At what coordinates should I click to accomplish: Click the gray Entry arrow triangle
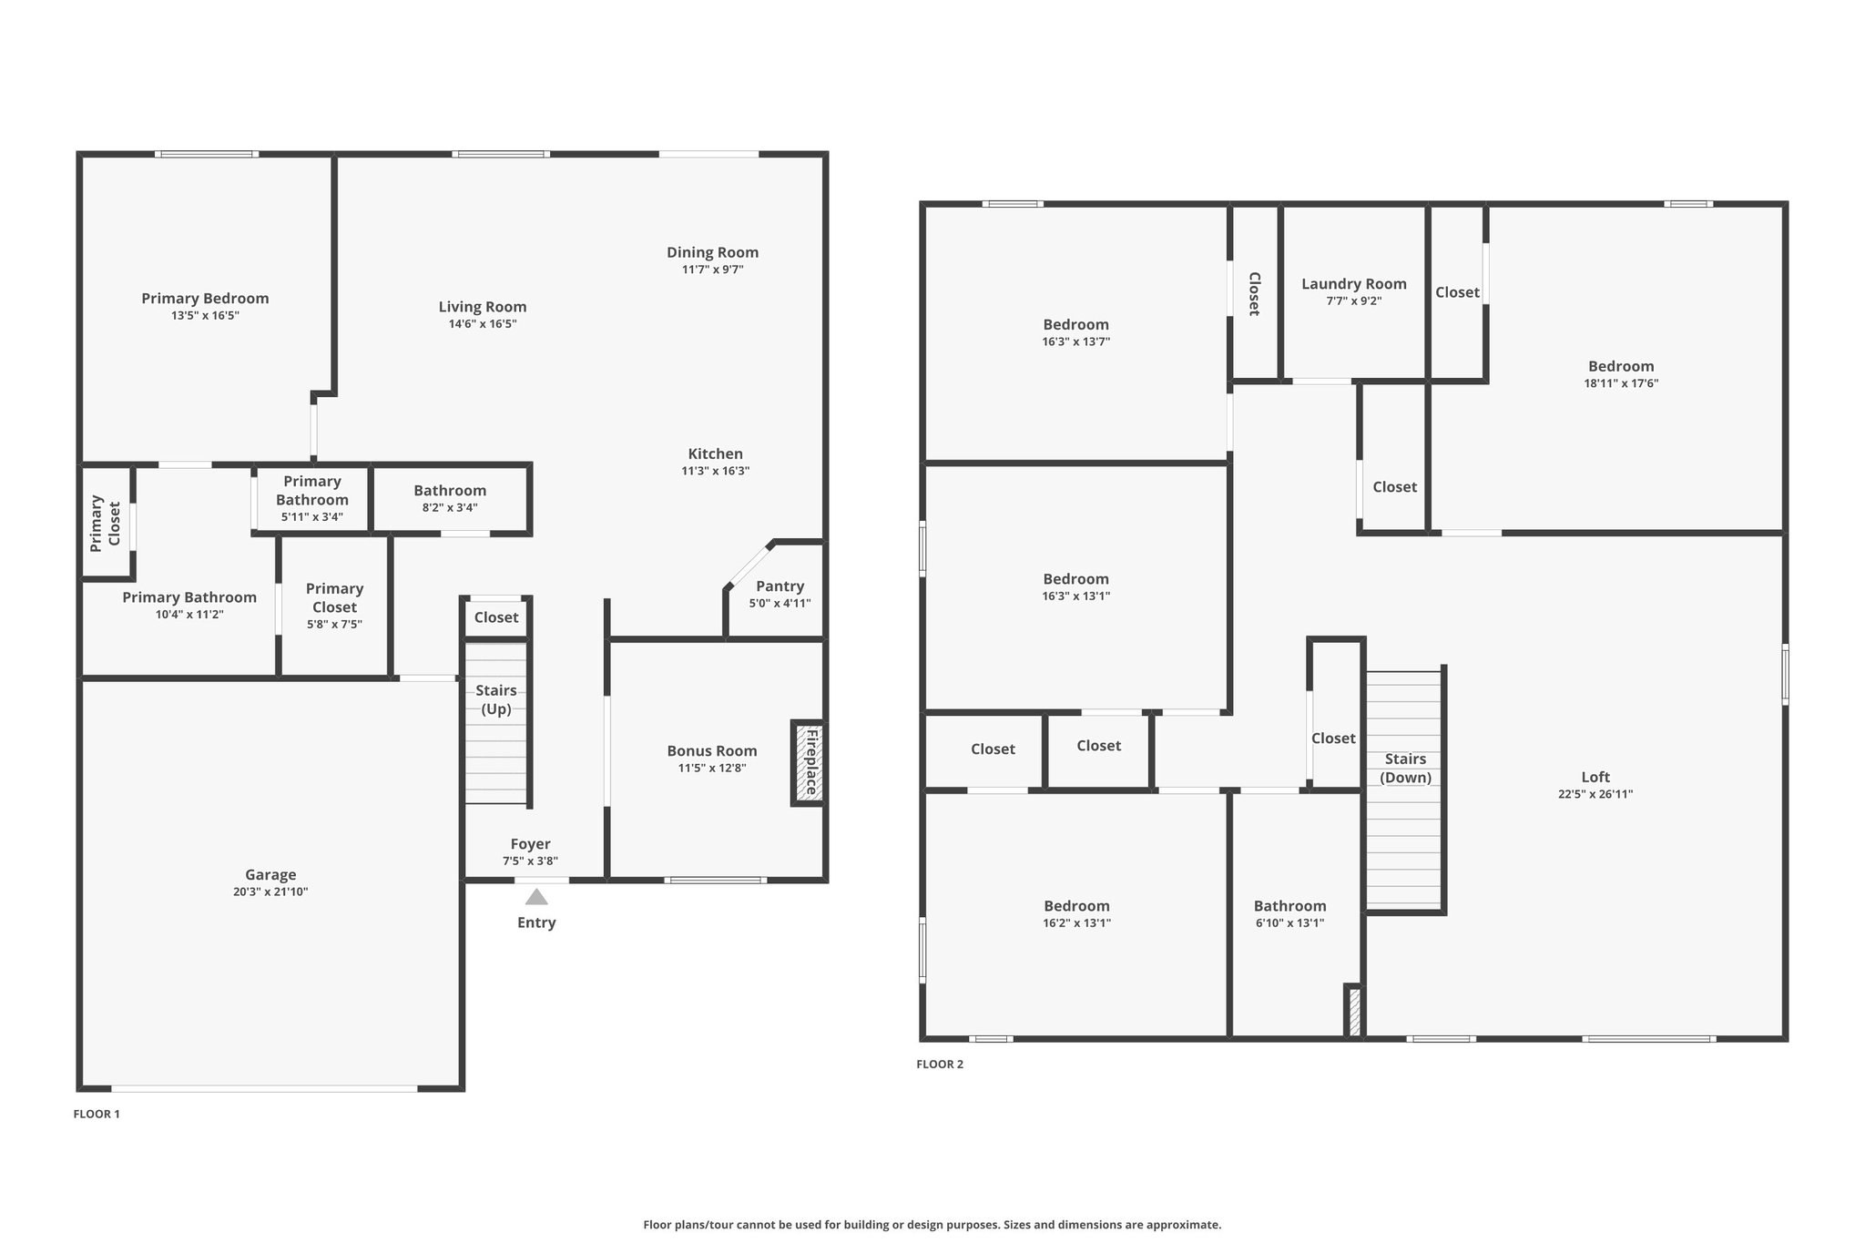click(536, 897)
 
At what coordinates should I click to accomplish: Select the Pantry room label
click(780, 586)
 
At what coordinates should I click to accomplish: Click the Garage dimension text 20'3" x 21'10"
click(270, 892)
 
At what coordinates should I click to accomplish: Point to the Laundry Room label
click(1354, 284)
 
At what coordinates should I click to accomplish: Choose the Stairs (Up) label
click(496, 699)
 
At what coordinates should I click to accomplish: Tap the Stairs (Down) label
click(1405, 768)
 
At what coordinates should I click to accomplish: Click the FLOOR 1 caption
click(97, 1114)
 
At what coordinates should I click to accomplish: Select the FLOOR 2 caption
click(940, 1065)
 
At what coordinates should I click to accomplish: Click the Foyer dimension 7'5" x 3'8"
click(530, 861)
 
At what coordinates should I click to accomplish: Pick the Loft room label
click(1595, 777)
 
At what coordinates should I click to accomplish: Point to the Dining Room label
click(712, 252)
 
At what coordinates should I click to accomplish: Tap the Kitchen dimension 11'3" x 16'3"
click(716, 472)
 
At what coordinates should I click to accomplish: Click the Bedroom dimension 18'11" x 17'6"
click(1621, 384)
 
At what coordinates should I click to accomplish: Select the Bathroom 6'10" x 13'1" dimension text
click(1289, 923)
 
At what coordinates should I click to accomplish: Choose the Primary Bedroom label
click(205, 299)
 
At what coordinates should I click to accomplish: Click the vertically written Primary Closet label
click(105, 524)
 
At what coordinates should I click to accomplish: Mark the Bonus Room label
click(712, 751)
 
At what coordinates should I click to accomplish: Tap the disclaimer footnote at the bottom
click(932, 1225)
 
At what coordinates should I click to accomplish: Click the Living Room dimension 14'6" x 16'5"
click(483, 324)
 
